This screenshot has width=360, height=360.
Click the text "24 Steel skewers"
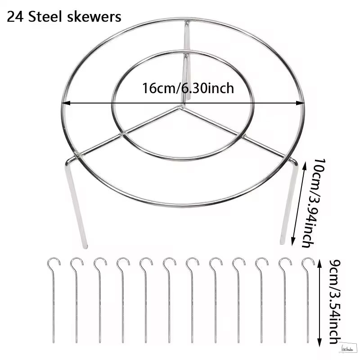(64, 17)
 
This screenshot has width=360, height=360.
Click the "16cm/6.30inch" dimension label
(188, 88)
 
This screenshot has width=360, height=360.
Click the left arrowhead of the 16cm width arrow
(64, 103)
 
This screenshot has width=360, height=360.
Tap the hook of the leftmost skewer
(54, 262)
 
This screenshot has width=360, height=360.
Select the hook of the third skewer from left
(100, 262)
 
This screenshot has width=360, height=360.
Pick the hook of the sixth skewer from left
(169, 262)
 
